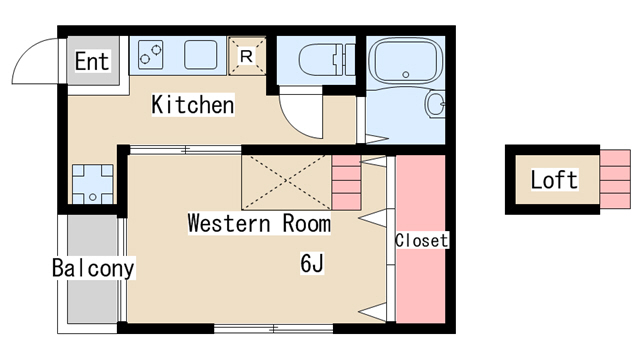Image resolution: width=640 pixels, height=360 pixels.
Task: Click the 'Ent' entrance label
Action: [92, 61]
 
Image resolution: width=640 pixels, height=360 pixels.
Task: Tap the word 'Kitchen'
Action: [193, 104]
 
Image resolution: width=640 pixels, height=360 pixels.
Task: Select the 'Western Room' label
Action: [259, 223]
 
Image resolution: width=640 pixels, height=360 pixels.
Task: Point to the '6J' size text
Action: [312, 263]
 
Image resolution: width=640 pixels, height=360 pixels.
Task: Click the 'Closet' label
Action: [421, 240]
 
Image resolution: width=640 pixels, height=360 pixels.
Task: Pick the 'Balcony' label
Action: [93, 268]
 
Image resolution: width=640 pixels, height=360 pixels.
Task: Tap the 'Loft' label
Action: [554, 180]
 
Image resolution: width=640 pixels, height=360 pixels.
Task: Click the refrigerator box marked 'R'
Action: [247, 56]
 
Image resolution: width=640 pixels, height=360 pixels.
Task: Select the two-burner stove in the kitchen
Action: [151, 55]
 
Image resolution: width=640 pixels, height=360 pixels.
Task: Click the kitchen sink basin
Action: [200, 55]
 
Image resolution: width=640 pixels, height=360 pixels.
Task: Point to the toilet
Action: [327, 60]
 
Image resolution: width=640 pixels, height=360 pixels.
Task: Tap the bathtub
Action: [405, 61]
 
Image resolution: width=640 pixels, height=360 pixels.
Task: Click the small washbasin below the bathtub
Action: [435, 104]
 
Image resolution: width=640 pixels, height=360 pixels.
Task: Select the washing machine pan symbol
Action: [93, 184]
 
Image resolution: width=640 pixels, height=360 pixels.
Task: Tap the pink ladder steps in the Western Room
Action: [346, 182]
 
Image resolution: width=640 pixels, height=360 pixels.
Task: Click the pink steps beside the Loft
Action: [615, 179]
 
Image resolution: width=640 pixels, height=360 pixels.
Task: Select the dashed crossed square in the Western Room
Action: [286, 182]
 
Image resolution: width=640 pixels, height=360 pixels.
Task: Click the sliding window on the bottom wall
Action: [273, 328]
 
